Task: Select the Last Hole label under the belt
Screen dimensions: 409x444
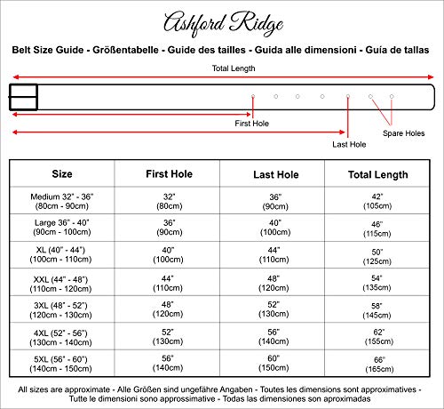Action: (x=348, y=143)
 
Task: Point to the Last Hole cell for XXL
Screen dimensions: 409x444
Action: (x=274, y=282)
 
